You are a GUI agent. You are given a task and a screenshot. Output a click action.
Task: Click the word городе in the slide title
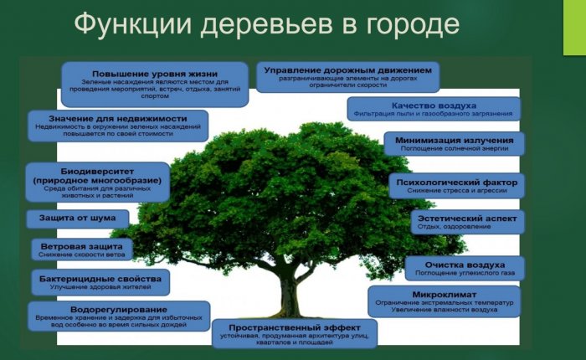pyautogui.click(x=408, y=25)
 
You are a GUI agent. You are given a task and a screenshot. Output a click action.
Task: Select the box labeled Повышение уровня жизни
pyautogui.click(x=155, y=84)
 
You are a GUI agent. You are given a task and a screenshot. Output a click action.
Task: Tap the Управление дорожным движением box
pyautogui.click(x=347, y=76)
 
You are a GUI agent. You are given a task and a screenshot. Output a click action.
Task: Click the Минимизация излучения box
pyautogui.click(x=454, y=143)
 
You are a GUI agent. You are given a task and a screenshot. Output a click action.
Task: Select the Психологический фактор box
pyautogui.click(x=456, y=185)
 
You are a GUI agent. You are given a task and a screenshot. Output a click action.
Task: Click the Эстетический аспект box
pyautogui.click(x=468, y=221)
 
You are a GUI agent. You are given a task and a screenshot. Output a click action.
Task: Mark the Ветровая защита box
pyautogui.click(x=82, y=249)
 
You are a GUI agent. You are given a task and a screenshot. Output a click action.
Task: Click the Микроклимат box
pyautogui.click(x=444, y=301)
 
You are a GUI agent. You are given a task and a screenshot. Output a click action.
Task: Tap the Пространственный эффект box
pyautogui.click(x=293, y=332)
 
